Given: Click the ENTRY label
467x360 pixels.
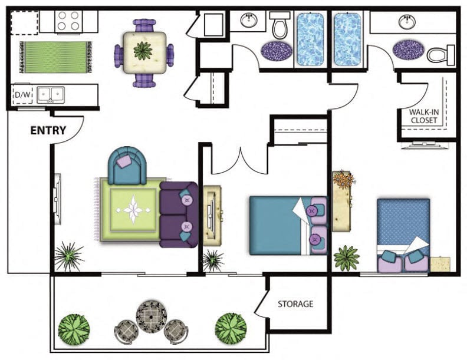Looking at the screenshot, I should (48, 131).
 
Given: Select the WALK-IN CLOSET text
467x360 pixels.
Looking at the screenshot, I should (423, 115).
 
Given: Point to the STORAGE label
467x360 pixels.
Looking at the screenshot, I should (295, 304).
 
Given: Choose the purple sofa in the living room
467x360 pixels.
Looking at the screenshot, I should (178, 214).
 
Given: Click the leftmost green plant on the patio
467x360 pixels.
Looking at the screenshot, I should (74, 328).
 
